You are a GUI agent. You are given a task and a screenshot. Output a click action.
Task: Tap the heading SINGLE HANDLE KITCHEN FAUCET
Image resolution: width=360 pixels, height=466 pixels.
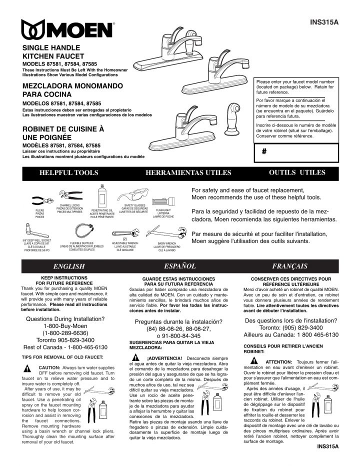tap(55, 51)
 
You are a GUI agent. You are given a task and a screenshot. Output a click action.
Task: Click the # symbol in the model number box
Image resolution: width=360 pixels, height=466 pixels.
tap(263, 153)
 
